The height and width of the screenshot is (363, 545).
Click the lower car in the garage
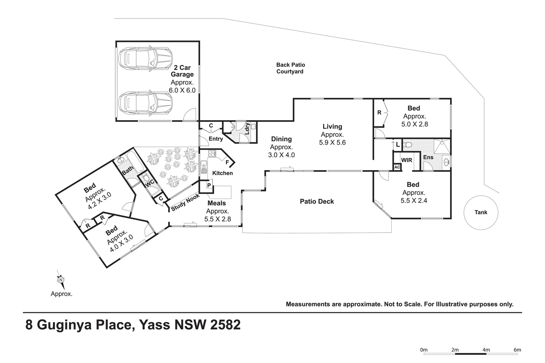(145, 103)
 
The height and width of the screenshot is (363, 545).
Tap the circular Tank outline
(480, 212)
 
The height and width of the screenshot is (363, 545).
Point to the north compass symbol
(61, 280)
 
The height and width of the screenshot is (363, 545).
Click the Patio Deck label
(317, 201)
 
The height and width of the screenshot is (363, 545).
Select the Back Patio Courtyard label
(290, 68)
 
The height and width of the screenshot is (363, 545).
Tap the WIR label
(406, 160)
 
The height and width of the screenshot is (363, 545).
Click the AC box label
(397, 167)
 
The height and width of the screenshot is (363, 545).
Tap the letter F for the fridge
(227, 162)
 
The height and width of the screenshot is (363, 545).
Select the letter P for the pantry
(209, 185)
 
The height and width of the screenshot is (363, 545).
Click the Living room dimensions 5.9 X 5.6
(332, 142)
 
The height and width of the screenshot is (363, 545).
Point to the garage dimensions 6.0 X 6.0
(182, 90)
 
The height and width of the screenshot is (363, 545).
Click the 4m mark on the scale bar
(486, 350)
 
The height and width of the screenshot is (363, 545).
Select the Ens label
(428, 157)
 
